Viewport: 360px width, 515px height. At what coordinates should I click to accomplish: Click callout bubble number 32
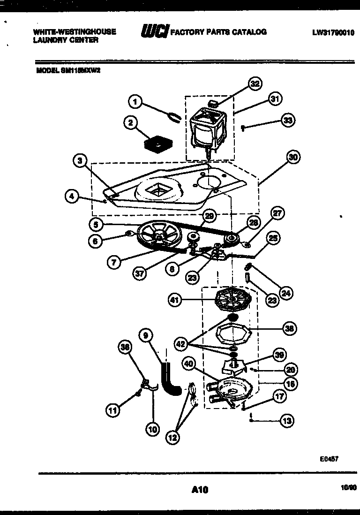255,84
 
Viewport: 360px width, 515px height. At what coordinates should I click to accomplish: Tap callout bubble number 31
275,98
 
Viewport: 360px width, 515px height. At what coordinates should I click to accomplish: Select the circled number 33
288,121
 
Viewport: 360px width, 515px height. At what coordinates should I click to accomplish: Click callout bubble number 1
135,101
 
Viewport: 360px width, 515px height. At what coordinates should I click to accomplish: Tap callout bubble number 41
175,300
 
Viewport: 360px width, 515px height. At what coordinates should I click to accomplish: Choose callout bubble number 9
146,335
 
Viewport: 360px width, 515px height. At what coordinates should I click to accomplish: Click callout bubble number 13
287,421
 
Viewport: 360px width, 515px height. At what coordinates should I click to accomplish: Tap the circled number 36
125,347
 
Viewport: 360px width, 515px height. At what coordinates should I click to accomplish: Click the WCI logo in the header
154,32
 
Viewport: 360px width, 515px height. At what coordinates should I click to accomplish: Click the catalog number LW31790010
333,33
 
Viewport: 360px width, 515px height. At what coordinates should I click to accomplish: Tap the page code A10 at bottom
200,490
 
